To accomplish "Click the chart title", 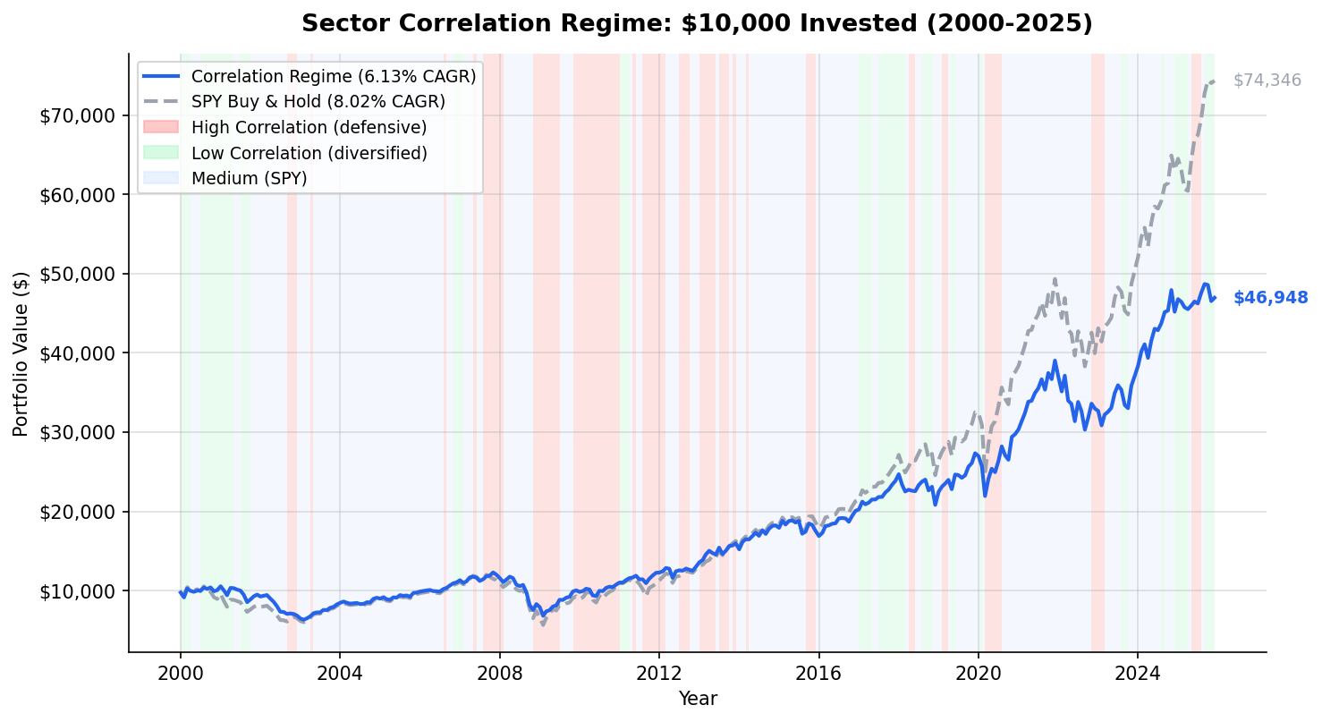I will (x=697, y=23).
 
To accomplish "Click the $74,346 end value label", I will (x=1267, y=81).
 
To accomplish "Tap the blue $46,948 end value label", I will (x=1270, y=298).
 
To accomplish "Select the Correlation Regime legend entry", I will (x=333, y=76).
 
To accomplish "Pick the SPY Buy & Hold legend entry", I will (x=318, y=101).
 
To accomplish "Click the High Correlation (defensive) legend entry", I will (x=309, y=127).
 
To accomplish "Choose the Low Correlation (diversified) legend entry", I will (x=309, y=153).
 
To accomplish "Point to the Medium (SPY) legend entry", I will (x=249, y=178).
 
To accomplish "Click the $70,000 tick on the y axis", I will (x=77, y=115).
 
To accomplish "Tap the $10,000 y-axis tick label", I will (x=77, y=591).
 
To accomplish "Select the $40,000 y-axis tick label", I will (x=77, y=353).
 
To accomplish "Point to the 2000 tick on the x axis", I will (x=180, y=672).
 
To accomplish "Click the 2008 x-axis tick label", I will (x=499, y=672).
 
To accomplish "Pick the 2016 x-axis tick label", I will (x=818, y=672).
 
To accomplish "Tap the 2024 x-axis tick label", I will (x=1137, y=672).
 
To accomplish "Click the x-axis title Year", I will (x=697, y=699).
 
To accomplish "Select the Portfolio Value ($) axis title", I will (x=21, y=353).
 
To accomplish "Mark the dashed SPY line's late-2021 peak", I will (x=1055, y=278).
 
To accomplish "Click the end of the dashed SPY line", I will (x=1214, y=81).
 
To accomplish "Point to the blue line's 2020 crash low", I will (x=985, y=495).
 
